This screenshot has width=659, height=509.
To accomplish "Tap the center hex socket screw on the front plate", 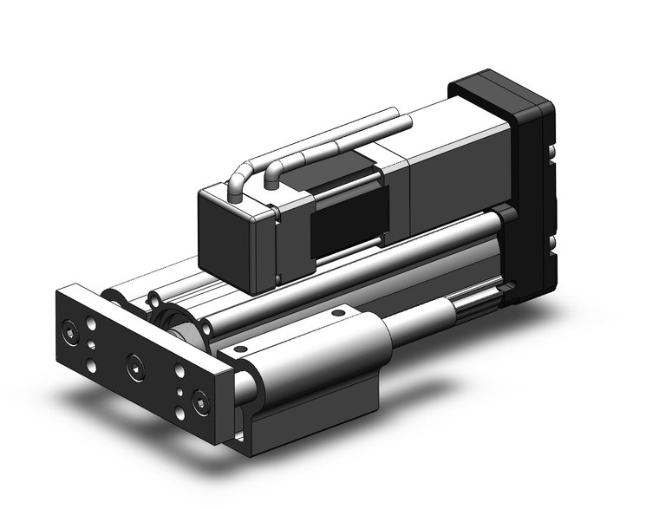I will (x=134, y=370).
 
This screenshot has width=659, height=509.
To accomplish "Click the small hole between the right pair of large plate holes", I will (x=179, y=388).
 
